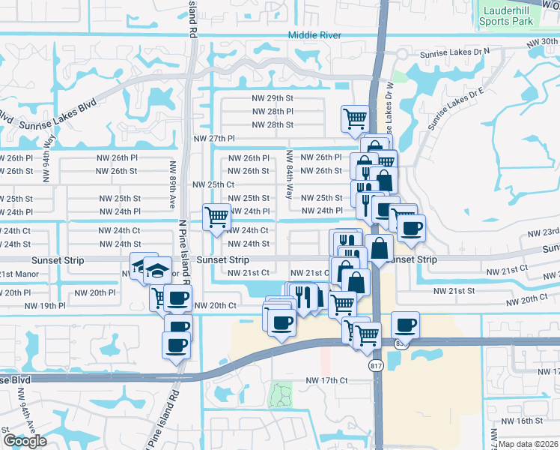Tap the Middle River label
pos(314,35)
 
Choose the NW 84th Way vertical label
pos(289,175)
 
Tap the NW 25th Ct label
pos(213,184)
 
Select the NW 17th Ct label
pos(327,381)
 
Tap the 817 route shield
pos(376,365)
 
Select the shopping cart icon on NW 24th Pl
pos(217,217)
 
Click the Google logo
pos(25,441)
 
